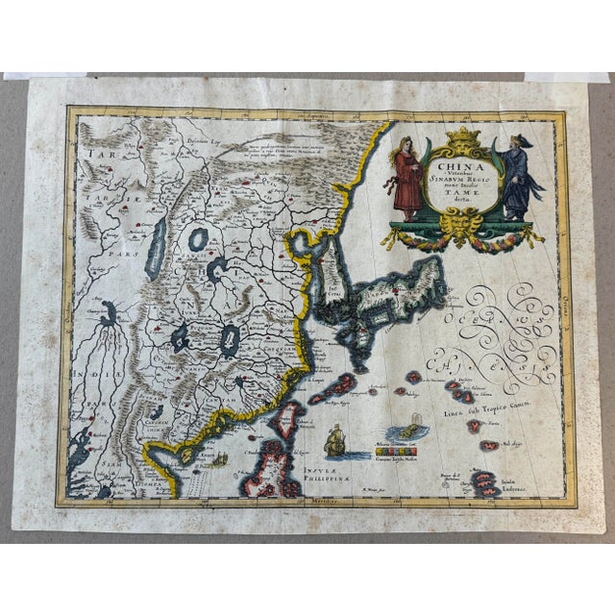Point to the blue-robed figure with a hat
[x=516, y=178]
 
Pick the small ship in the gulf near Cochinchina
[x=219, y=459]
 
